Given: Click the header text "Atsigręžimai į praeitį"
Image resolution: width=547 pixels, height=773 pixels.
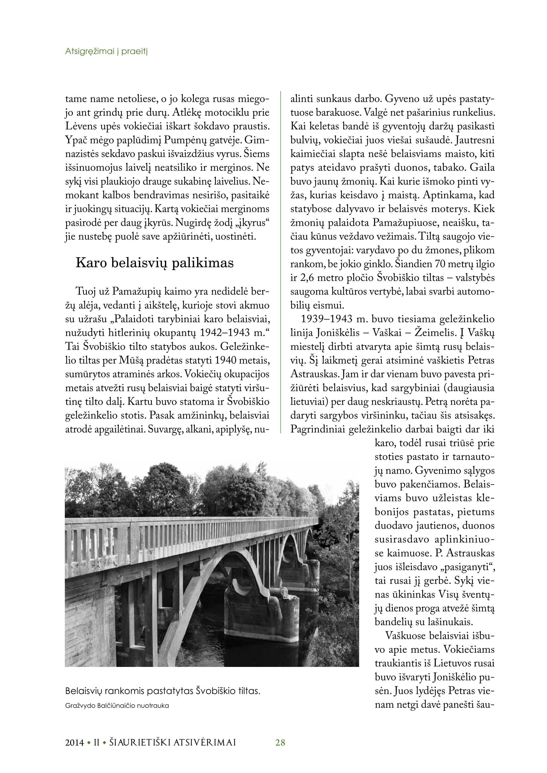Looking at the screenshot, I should (106, 52).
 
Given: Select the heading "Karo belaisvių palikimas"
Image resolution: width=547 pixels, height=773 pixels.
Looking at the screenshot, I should (154, 263).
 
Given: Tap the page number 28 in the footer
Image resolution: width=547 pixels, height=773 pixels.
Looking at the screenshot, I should (280, 742).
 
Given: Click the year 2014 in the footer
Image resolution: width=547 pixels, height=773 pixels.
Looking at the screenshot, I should (74, 742).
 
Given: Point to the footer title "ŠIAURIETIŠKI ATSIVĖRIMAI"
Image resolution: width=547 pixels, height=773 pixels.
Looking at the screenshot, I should (172, 742).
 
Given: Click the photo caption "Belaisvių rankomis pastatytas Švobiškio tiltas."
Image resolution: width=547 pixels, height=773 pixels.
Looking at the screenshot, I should (163, 691).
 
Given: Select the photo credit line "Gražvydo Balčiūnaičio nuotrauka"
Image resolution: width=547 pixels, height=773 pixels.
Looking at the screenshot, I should (117, 706).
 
